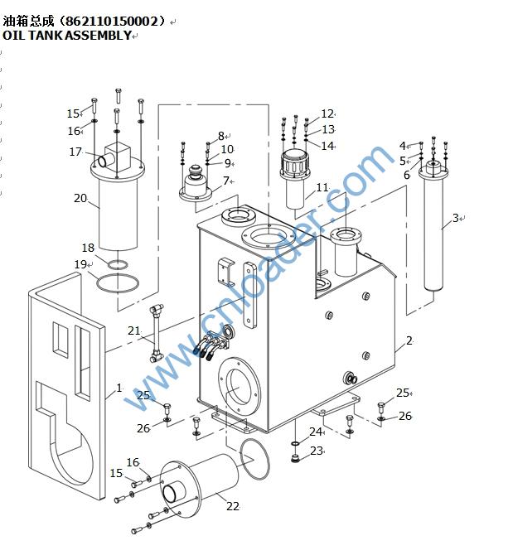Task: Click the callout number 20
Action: click(x=80, y=198)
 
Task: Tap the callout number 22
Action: click(x=233, y=506)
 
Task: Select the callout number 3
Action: click(x=456, y=218)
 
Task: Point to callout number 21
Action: click(x=134, y=331)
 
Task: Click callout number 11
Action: click(x=322, y=187)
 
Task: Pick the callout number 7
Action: click(x=226, y=181)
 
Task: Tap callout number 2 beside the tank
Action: click(x=409, y=340)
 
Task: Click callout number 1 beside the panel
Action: click(x=119, y=388)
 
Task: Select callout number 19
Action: click(x=80, y=264)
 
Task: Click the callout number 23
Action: click(x=317, y=451)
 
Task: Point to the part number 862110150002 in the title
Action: click(x=111, y=22)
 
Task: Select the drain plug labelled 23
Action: click(x=295, y=459)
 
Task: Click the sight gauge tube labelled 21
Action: click(x=156, y=333)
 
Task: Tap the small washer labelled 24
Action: click(x=295, y=443)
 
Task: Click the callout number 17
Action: click(x=75, y=152)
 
